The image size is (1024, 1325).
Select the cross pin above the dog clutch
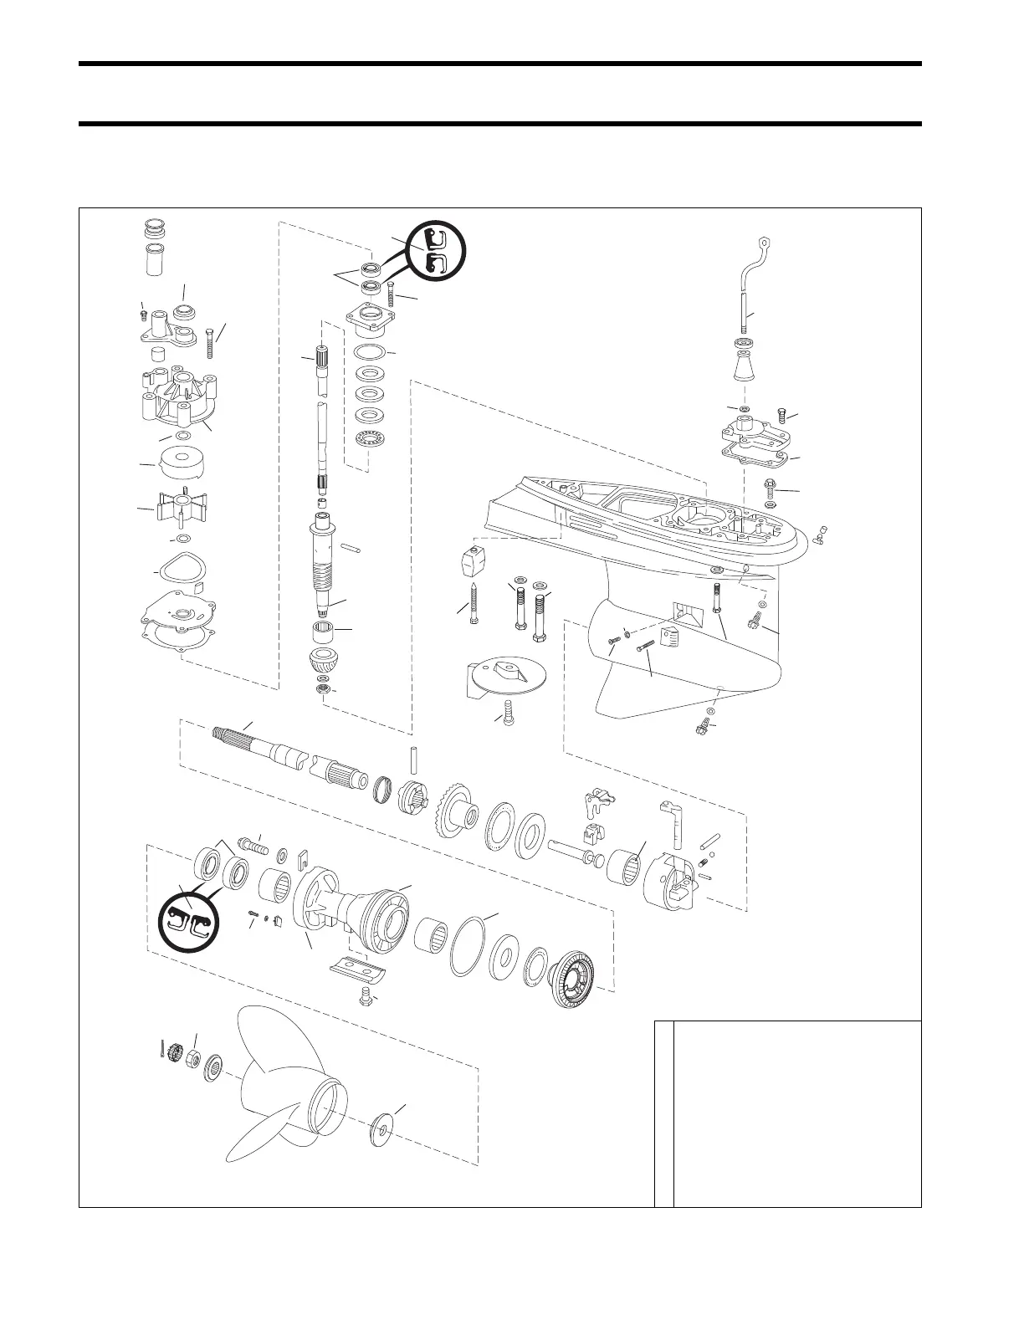(413, 760)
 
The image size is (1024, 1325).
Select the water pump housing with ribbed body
(179, 397)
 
